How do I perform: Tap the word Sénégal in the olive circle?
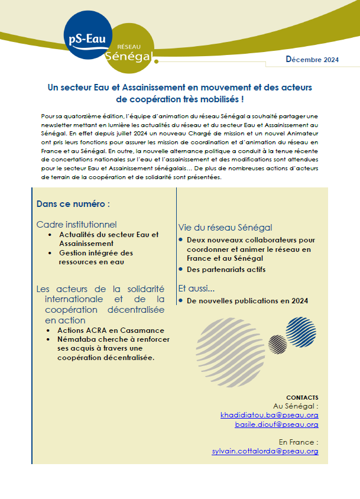128,56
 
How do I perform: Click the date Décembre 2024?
312,59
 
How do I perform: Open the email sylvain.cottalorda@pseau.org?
265,451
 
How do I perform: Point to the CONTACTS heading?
302,397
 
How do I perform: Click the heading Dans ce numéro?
73,204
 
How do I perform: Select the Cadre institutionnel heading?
76,225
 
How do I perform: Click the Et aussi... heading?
196,289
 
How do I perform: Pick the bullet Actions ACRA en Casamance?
111,330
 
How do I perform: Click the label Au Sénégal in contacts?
296,406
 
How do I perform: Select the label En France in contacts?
299,442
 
